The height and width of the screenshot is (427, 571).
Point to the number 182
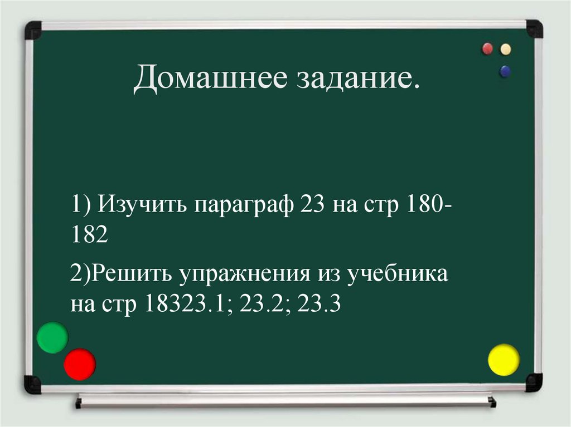(x=88, y=235)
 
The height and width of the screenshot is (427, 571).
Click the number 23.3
(x=319, y=305)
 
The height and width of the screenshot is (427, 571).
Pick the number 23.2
(x=268, y=305)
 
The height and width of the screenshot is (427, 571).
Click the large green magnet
(x=52, y=337)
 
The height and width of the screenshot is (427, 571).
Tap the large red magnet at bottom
(x=80, y=364)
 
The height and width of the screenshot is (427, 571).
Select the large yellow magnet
(x=504, y=360)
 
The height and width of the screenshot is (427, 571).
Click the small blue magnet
(x=505, y=71)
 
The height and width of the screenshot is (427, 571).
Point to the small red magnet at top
(x=487, y=49)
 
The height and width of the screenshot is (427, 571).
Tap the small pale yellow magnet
(x=506, y=49)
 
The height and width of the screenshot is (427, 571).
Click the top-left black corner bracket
(x=33, y=30)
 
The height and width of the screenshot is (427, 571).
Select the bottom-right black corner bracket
(x=534, y=382)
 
